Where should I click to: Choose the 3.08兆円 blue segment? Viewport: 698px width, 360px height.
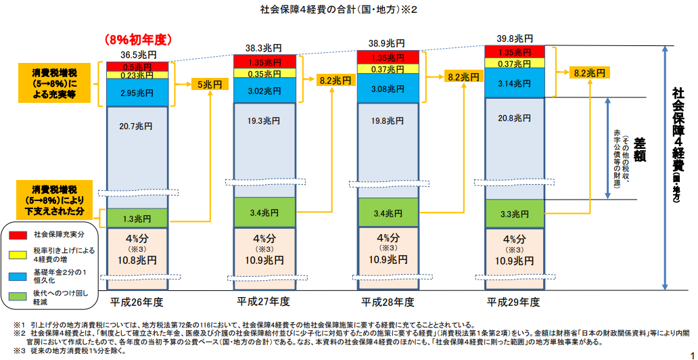(389, 89)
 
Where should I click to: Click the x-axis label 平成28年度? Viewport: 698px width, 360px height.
(388, 302)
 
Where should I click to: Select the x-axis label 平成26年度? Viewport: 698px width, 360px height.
(137, 302)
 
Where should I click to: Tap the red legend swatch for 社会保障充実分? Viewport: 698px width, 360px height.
(18, 234)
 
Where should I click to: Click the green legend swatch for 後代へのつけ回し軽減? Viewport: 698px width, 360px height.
(18, 296)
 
